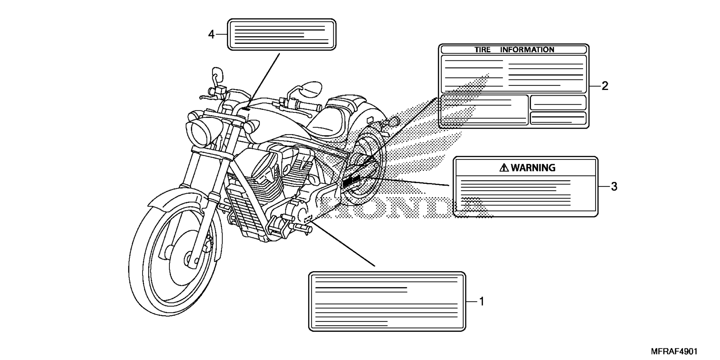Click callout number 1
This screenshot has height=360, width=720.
[481, 301]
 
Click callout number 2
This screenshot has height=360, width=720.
[604, 86]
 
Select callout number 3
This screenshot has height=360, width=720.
[614, 186]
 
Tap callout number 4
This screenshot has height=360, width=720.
[211, 34]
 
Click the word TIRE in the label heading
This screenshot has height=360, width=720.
[482, 49]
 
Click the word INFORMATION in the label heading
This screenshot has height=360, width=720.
[527, 49]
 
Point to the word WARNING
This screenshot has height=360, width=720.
[533, 168]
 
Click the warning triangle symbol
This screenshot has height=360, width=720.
[504, 168]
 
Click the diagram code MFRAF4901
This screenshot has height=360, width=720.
[674, 352]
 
